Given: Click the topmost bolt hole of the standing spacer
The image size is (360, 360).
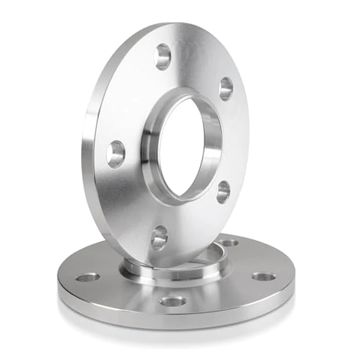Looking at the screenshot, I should [x=164, y=57].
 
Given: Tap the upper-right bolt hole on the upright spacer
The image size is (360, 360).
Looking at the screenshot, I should [x=225, y=88].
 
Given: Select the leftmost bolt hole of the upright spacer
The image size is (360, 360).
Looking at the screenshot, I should [x=116, y=154].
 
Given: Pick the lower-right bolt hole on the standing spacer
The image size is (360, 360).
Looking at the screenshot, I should [x=223, y=191].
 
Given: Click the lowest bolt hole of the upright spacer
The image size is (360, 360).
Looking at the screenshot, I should [x=159, y=238].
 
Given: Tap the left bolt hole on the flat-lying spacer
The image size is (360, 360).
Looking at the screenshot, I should [x=88, y=278].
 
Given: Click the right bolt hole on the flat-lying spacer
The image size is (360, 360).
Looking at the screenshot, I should [x=264, y=277].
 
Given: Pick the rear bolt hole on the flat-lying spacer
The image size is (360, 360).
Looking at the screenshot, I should [x=229, y=242].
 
